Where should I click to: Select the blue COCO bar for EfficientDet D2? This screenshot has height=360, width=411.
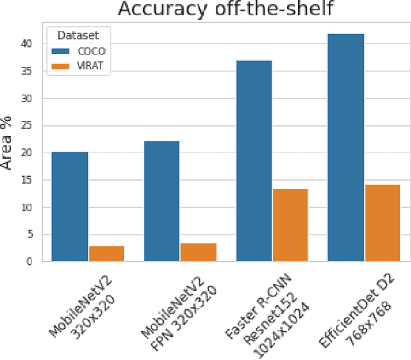pos(346,147)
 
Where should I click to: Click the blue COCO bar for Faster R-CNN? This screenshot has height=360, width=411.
pos(254,161)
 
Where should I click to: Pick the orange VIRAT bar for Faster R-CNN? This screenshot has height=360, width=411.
pos(290,225)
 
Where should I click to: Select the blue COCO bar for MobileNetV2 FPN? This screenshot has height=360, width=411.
pos(162,201)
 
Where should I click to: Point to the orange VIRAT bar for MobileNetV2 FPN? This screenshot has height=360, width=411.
pos(198,252)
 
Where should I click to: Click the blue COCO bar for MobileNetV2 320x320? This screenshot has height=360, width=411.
pos(70,206)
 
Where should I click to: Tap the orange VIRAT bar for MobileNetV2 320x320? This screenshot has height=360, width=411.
pos(107,253)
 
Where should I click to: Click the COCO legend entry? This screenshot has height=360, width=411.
pos(81,50)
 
